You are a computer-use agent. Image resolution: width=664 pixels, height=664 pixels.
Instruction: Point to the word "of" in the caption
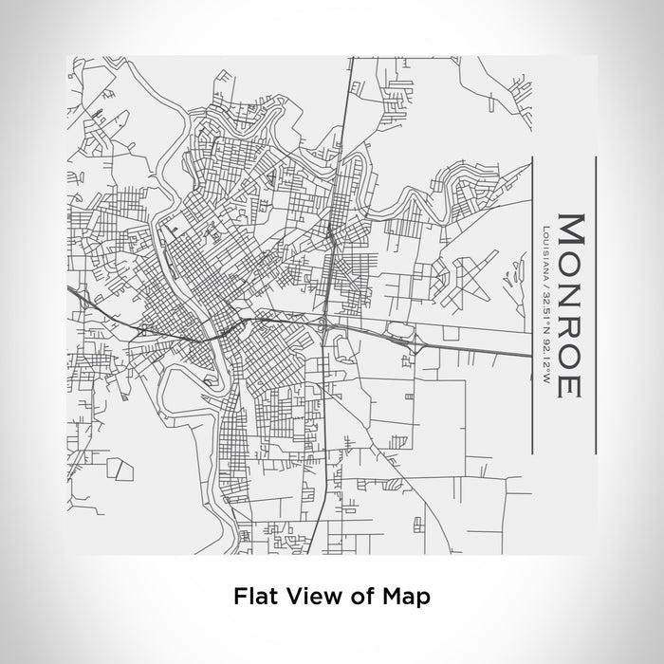tap(361, 597)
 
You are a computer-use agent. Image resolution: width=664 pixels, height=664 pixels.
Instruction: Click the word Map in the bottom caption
tap(405, 597)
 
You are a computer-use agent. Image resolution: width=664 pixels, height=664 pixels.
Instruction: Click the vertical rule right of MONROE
tap(595, 304)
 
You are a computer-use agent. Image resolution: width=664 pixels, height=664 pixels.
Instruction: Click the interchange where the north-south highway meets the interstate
tap(326, 327)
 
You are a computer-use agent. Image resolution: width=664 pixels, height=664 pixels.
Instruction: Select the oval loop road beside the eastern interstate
tap(399, 331)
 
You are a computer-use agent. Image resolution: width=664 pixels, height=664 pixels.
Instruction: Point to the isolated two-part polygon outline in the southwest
tap(120, 466)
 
